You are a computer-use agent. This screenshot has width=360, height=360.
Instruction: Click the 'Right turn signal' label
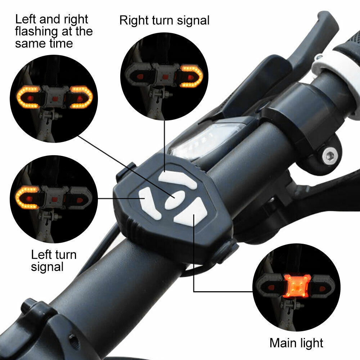coord(164,21)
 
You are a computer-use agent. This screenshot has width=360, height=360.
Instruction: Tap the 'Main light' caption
coord(296,342)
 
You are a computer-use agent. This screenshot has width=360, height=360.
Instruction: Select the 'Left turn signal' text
coord(53,261)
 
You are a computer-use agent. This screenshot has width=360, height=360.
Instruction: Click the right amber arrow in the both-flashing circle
coord(81,97)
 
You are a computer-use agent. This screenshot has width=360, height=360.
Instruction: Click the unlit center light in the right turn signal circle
coord(165,76)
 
